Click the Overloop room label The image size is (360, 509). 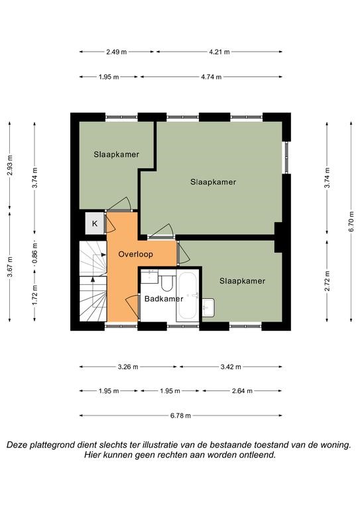coord(135,254)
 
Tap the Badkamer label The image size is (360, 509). coord(164,299)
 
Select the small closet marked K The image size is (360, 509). coord(94,223)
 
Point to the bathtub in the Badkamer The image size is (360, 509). coord(188,296)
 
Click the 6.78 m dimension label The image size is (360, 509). coord(180,416)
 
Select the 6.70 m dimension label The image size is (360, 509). coord(351,221)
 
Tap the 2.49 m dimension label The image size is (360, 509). coord(116,52)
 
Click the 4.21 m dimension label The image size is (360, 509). coord(219,52)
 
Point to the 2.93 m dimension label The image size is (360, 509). coord(10,165)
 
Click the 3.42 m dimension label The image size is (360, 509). coord(231,367)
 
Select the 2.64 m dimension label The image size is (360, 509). coord(242,391)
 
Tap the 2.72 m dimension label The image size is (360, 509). coord(328,281)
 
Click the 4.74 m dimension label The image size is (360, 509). coord(211,77)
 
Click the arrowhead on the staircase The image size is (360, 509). coord(93,279)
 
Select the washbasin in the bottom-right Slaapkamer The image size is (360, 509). coord(208,308)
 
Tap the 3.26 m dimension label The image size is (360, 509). coord(128,367)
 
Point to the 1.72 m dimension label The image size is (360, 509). coord(34,295)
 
